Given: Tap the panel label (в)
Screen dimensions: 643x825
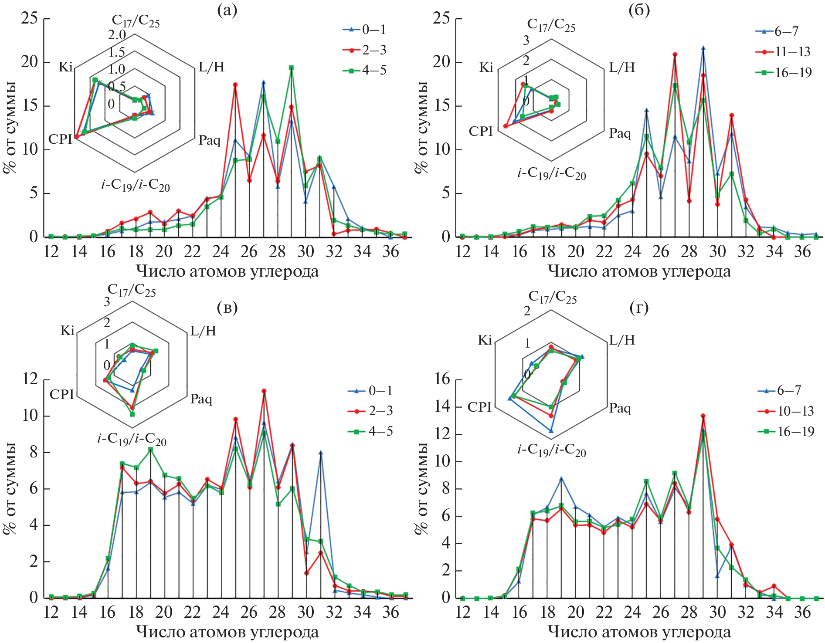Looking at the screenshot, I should point(227,308).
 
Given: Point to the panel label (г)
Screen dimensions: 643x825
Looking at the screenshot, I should point(639,308).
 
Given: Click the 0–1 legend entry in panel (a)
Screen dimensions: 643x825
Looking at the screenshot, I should point(365,30).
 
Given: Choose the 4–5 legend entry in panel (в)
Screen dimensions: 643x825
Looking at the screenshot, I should point(371,431).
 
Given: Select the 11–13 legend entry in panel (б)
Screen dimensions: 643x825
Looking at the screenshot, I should point(783,52).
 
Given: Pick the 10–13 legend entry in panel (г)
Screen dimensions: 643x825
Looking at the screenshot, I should point(786,411).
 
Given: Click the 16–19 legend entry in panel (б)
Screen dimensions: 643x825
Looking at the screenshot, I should point(784,72).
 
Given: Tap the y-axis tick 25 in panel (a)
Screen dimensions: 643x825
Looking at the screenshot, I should point(30,18).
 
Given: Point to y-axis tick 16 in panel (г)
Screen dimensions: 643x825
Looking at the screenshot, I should point(442,379).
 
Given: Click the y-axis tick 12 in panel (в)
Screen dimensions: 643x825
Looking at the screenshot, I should point(30,379).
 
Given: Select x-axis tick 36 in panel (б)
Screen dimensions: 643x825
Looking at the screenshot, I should point(802,251).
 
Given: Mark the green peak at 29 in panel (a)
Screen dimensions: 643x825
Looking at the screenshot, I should point(291,68).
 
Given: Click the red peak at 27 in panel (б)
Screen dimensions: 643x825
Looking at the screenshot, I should point(675,54).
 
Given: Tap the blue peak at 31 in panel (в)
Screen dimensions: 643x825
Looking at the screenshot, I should point(320,453).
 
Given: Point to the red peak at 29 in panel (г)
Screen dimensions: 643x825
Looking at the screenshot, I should point(703,416).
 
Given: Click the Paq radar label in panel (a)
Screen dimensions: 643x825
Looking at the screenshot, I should point(210,140).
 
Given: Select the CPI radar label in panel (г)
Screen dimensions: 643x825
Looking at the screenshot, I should point(479,407).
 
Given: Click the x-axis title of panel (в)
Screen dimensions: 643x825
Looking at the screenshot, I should point(227,632).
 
